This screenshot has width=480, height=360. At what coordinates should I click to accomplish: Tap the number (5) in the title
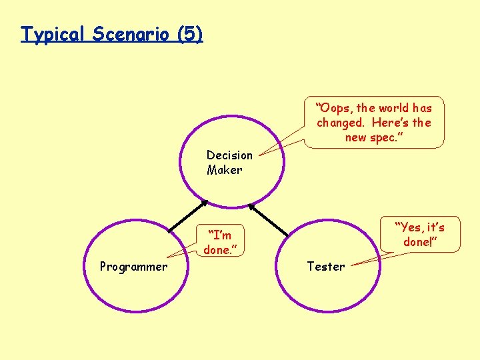190,34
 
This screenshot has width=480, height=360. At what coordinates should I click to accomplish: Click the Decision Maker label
229,162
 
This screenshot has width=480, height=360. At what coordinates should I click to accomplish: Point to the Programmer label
133,267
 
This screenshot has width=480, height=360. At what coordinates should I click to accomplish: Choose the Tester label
326,267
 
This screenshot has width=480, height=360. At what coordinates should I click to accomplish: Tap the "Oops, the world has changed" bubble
373,122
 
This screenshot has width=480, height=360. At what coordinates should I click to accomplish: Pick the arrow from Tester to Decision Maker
269,217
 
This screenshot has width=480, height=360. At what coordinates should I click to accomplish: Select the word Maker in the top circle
224,170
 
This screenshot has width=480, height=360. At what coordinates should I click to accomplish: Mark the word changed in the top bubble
340,123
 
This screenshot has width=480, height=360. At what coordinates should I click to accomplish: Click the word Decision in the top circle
229,155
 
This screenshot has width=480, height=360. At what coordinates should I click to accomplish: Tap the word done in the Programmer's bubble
217,250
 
